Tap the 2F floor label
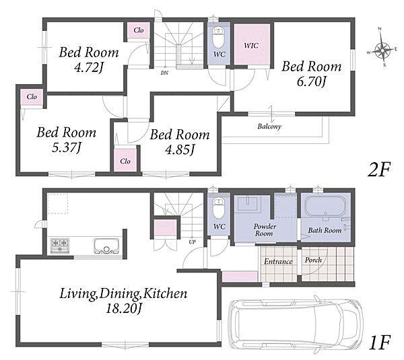[379, 169]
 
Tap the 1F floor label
[380, 343]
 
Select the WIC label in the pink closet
[251, 46]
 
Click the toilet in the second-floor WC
[218, 38]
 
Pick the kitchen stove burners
[60, 245]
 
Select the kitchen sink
[106, 246]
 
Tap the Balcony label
[269, 127]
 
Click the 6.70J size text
[312, 82]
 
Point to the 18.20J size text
[124, 308]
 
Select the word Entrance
[278, 262]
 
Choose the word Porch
[313, 260]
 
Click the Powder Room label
[265, 230]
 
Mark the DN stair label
[164, 73]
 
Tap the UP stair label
[192, 242]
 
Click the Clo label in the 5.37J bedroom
[32, 97]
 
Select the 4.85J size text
[180, 149]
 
